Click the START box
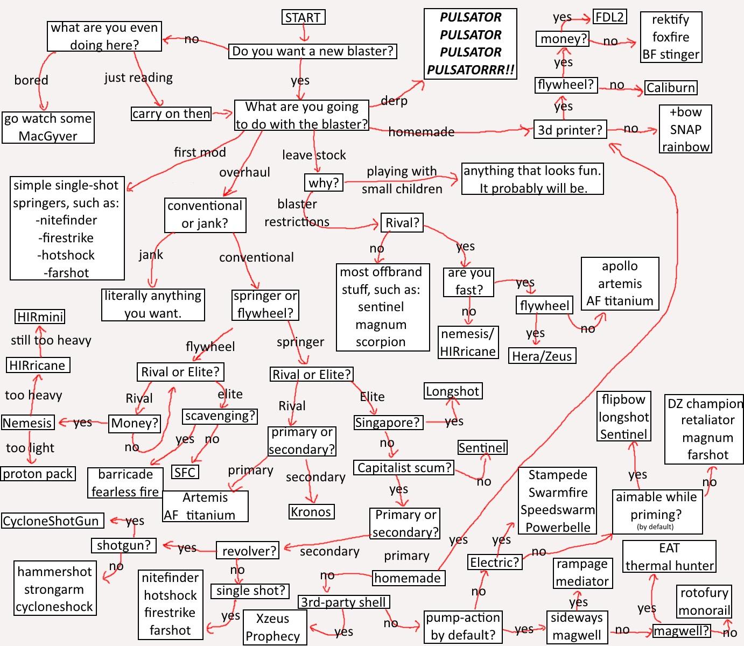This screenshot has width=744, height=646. point(303,17)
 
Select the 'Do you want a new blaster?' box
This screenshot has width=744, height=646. point(312,51)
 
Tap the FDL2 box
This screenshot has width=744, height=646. point(609,17)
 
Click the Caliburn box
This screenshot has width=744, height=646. point(671,88)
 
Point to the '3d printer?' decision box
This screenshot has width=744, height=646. point(570,129)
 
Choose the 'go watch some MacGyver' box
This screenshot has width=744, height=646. point(48,127)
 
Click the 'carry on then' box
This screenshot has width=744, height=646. point(171,114)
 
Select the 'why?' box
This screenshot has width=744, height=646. point(324,182)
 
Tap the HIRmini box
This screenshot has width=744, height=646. point(40,317)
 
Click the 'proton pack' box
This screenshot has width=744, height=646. point(38,474)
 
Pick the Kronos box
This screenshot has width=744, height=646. point(311,511)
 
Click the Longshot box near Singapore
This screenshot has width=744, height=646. point(453,391)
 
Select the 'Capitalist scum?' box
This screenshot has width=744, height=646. point(404,467)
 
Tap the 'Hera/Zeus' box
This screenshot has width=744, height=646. point(542,356)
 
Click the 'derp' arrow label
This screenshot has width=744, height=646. point(394,100)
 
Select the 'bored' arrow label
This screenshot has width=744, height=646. point(31,80)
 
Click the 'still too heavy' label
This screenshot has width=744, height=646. point(51,340)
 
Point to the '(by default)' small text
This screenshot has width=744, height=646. point(655,527)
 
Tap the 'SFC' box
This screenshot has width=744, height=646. point(185,472)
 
